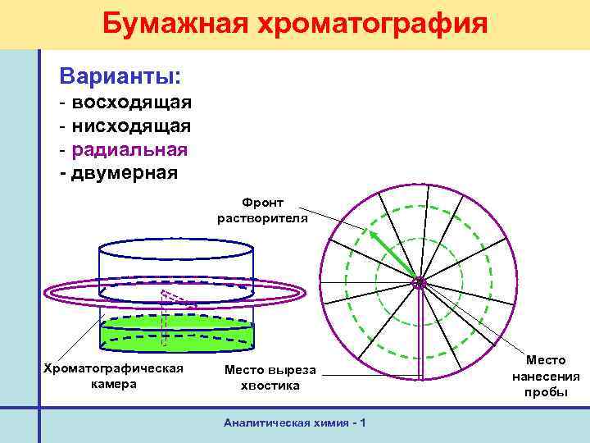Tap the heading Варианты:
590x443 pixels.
[120, 76]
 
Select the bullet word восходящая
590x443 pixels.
[131, 103]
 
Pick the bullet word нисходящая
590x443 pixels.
[131, 126]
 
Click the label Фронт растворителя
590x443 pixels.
[262, 209]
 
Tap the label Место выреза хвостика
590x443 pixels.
[270, 377]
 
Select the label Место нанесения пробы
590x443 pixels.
[546, 376]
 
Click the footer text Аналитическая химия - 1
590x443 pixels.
[294, 422]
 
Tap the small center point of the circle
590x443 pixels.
[419, 283]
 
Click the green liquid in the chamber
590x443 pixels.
[175, 336]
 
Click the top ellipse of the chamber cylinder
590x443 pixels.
[175, 245]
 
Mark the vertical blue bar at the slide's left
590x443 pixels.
[39, 246]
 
